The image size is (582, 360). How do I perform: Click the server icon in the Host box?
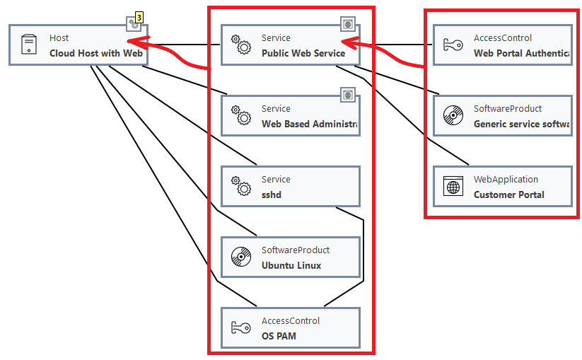(x=28, y=45)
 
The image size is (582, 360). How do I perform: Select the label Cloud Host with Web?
(x=96, y=53)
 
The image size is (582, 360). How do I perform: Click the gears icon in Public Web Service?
(x=241, y=45)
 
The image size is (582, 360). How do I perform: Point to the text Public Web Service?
(x=303, y=53)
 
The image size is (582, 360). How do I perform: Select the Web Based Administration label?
(x=309, y=124)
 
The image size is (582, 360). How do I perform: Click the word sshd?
(x=272, y=194)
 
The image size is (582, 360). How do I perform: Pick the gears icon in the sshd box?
(x=241, y=187)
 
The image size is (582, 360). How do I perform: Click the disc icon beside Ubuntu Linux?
(x=240, y=257)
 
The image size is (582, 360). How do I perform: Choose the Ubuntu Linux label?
(x=291, y=265)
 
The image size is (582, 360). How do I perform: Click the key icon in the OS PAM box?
(x=240, y=328)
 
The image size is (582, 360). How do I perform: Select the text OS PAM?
(x=279, y=336)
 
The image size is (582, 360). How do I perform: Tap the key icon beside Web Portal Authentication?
(x=453, y=45)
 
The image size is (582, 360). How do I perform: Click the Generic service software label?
(x=522, y=124)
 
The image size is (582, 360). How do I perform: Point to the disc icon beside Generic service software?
(x=453, y=116)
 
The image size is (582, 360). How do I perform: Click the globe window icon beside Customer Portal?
(x=453, y=187)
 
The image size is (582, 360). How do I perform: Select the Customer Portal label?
(x=508, y=194)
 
